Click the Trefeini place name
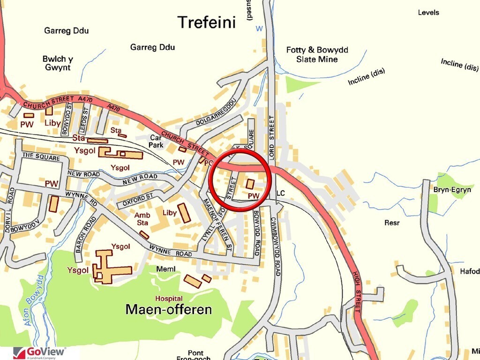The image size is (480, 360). (x=206, y=22)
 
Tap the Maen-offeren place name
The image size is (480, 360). (x=169, y=310)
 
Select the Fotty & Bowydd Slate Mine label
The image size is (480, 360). (x=317, y=54)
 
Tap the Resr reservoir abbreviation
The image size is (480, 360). (x=392, y=223)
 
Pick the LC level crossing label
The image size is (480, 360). (x=281, y=193)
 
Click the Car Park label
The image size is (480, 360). (x=156, y=142)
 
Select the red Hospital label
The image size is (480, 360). (x=169, y=299)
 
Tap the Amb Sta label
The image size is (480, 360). (x=142, y=219)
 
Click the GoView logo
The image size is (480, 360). (x=39, y=352)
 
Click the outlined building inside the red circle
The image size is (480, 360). (x=250, y=183)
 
